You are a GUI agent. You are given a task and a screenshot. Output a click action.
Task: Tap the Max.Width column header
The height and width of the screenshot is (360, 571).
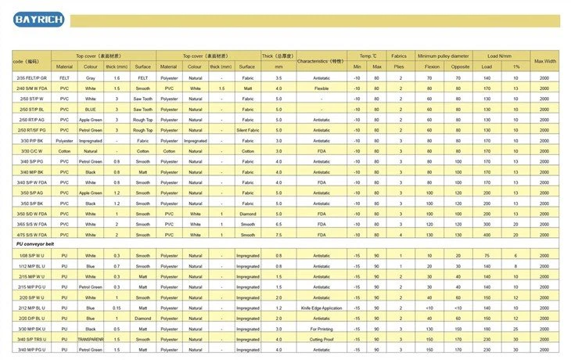pos(544,60)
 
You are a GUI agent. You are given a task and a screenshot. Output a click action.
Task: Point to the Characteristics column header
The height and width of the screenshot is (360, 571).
pos(321,60)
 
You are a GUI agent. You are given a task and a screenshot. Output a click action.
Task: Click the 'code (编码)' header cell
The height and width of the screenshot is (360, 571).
pos(27,60)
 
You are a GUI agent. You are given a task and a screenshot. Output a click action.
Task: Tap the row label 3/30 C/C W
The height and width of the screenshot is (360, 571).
pos(32,150)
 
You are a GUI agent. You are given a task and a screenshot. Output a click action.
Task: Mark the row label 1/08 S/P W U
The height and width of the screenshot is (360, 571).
pos(32,256)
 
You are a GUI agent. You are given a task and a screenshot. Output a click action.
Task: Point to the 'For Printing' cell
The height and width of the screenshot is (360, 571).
pos(321,329)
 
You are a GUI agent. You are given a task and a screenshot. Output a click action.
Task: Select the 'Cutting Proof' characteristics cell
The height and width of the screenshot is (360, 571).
pos(321,339)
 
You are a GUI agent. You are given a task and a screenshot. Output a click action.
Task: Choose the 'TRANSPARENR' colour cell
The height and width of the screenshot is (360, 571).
pos(92,339)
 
